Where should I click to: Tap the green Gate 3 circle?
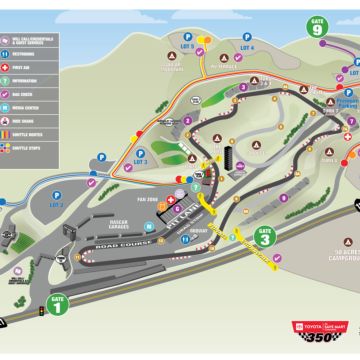coord(264,238)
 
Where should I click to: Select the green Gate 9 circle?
coord(318,27)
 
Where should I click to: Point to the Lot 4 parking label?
coord(247,47)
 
